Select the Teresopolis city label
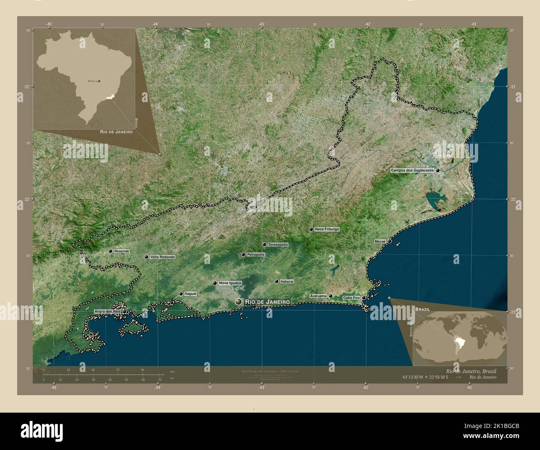[x=278, y=245]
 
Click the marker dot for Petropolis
[x=243, y=254]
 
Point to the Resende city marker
[x=110, y=251]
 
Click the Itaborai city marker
[x=277, y=281]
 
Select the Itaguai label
[x=191, y=294]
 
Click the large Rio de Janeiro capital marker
[x=238, y=302]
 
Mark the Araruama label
[x=319, y=296]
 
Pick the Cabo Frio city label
[x=351, y=298]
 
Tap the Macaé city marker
[x=390, y=241]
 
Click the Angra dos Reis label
[x=107, y=311]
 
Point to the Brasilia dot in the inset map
[x=99, y=81]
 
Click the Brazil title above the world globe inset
[x=422, y=310]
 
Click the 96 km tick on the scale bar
[x=142, y=369]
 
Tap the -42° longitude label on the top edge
[x=368, y=24]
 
